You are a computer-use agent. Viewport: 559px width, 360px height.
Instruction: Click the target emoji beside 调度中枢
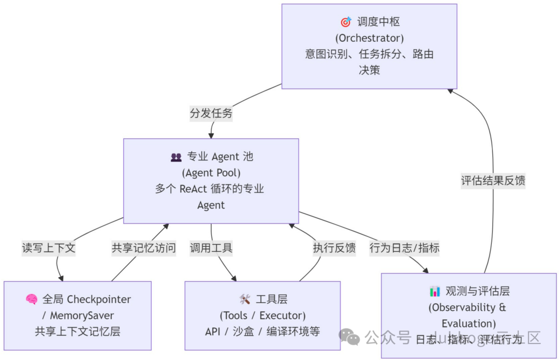346,22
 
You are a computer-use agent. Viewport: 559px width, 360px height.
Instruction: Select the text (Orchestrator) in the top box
369,38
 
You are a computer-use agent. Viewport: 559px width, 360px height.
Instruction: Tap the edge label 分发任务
211,113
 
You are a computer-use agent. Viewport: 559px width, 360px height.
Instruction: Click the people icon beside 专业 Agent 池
176,157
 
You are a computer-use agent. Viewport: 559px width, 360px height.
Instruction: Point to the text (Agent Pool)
211,173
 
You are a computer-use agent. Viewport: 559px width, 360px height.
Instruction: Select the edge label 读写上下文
49,248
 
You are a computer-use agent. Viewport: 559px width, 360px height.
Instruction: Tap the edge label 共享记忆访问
143,248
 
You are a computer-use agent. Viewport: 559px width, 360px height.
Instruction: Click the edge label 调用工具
211,248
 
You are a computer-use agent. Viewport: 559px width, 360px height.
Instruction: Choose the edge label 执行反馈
334,248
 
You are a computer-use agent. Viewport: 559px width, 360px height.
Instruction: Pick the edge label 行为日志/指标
404,248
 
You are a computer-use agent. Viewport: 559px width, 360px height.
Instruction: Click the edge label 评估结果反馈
493,181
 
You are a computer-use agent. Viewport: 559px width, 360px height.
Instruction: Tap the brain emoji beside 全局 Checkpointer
32,299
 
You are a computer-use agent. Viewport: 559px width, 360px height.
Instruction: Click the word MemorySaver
82,316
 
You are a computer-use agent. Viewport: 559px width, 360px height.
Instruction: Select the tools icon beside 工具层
245,299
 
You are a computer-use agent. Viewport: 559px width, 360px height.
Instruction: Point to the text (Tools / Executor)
262,316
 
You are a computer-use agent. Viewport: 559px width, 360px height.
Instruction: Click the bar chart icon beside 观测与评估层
435,291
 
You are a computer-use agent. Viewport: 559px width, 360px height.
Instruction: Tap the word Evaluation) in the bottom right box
468,324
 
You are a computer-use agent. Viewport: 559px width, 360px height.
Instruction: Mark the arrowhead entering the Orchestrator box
450,91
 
